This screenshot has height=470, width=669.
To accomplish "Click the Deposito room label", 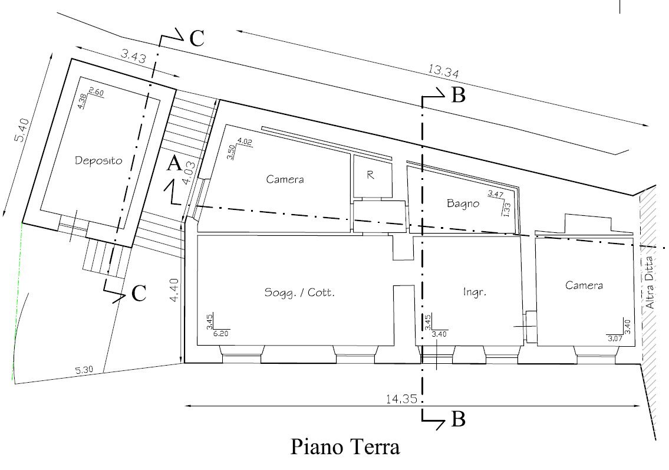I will (98, 160).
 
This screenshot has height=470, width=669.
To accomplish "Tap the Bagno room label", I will (462, 204).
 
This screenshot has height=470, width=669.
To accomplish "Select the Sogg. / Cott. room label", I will (299, 292).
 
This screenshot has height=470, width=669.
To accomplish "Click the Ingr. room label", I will (474, 291).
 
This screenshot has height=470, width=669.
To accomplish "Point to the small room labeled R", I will (371, 175).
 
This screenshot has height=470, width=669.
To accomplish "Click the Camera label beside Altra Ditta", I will (584, 285).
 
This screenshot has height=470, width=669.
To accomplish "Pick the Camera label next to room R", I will (285, 179).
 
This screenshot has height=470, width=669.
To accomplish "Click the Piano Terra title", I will (345, 446).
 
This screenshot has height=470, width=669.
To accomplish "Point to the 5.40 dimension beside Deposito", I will (22, 130).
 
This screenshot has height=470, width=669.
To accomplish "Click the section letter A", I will (173, 164).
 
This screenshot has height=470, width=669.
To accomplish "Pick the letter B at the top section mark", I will (458, 95).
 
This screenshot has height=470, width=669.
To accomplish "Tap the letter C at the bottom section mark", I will (139, 293).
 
